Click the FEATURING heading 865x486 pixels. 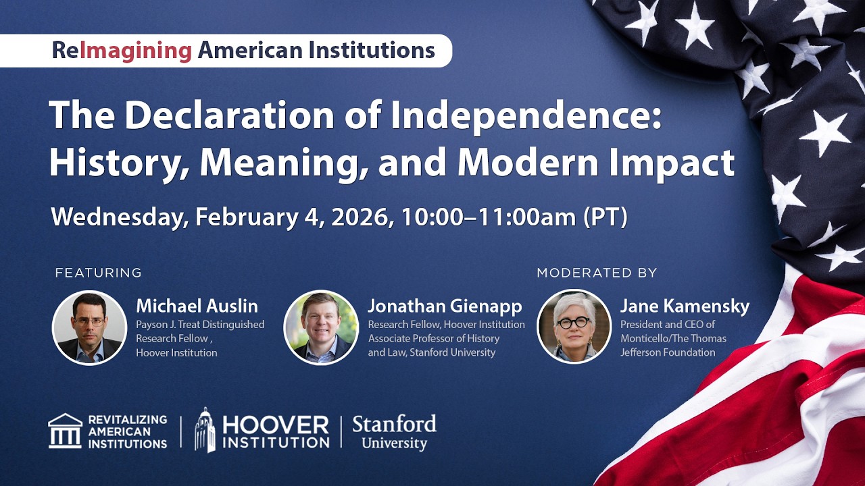(99, 273)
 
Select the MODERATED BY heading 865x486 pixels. (597, 273)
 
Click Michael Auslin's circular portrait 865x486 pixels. (89, 327)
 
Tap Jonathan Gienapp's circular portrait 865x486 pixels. (321, 327)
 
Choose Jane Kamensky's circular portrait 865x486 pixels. (574, 327)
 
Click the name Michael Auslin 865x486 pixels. (197, 306)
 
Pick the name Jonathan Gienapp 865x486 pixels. (445, 306)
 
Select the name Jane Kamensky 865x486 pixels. (685, 306)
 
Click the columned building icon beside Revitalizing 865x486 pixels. (65, 431)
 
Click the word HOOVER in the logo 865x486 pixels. (275, 425)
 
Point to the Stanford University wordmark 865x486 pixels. (394, 433)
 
